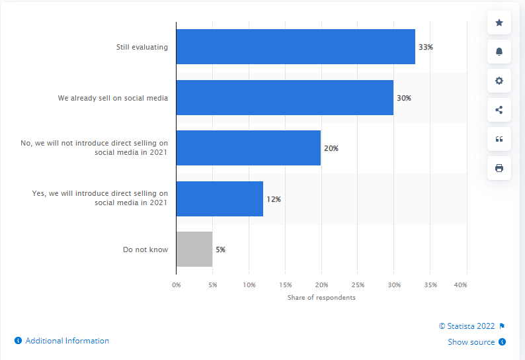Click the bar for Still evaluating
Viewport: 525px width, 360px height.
(x=296, y=47)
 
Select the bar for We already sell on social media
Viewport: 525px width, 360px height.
(x=284, y=98)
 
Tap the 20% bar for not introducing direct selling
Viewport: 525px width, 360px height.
(x=248, y=148)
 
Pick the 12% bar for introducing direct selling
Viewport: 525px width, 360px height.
(x=220, y=199)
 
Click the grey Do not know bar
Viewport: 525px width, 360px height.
(x=194, y=249)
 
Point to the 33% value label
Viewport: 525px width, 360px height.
(x=426, y=47)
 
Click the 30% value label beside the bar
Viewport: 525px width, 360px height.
(x=403, y=98)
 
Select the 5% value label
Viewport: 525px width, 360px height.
(x=220, y=249)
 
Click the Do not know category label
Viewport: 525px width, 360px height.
(x=145, y=249)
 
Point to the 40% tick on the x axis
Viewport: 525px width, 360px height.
(x=460, y=285)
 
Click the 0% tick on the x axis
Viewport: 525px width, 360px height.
(x=177, y=285)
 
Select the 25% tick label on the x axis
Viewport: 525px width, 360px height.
(x=358, y=285)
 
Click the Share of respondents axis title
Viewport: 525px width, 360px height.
(x=321, y=298)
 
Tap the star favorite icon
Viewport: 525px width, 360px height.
(x=499, y=23)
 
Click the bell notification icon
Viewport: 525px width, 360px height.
(x=499, y=52)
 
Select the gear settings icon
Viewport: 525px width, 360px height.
(x=499, y=81)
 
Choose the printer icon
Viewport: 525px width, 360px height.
(x=499, y=168)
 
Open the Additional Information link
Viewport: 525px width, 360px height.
(x=67, y=341)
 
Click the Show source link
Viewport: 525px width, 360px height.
(x=471, y=342)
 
